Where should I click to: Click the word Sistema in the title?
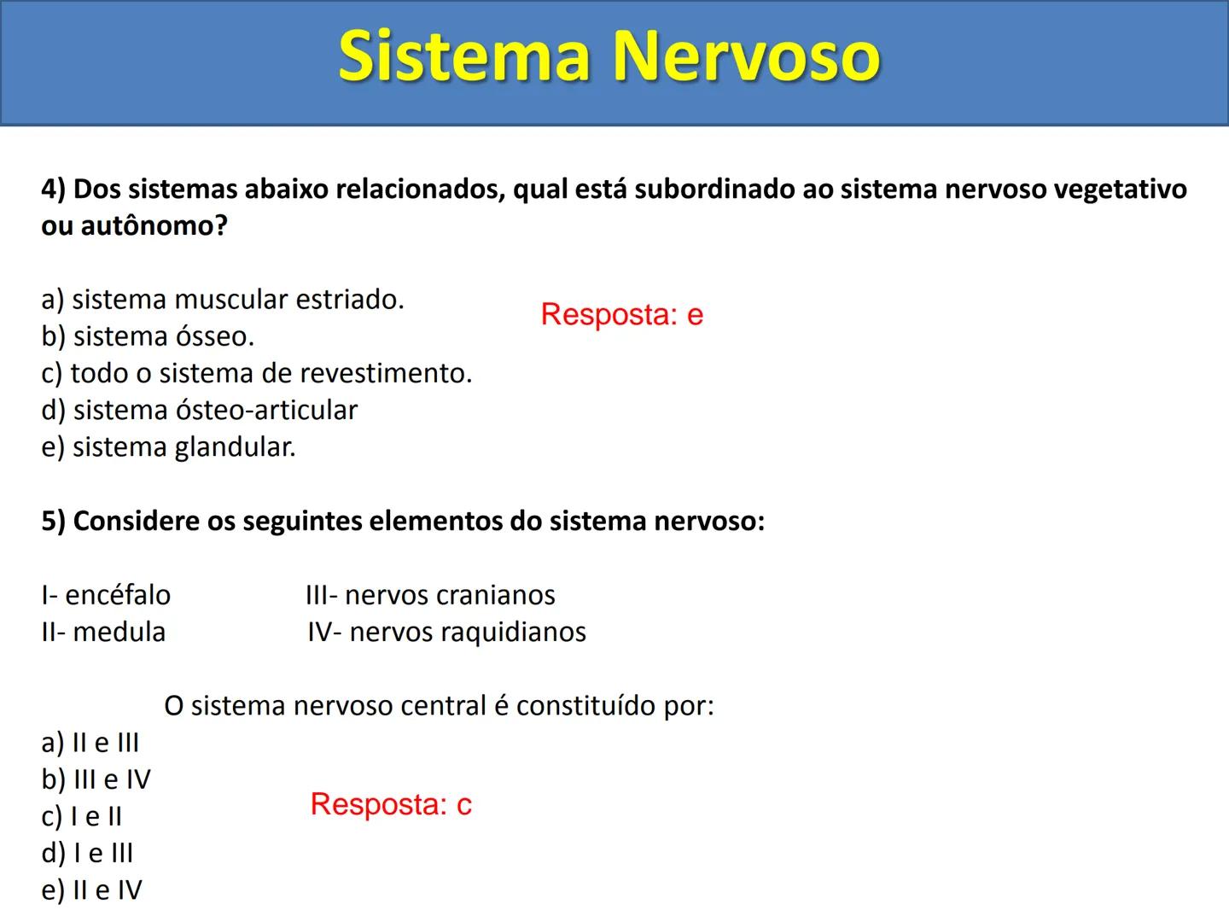click(x=465, y=56)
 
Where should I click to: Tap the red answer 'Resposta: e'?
click(x=621, y=314)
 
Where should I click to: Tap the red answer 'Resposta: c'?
click(x=391, y=804)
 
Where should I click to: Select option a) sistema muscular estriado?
click(x=223, y=300)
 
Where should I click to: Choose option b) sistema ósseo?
click(x=148, y=336)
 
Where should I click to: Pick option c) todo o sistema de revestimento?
click(x=256, y=373)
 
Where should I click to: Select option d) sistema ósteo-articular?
click(x=199, y=410)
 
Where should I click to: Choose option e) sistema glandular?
click(x=168, y=446)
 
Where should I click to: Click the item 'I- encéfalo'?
click(x=106, y=595)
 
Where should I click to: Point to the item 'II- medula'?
click(x=103, y=632)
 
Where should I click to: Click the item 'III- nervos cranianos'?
click(x=430, y=595)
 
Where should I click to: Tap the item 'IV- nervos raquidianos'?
click(x=446, y=632)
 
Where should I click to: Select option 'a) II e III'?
click(x=90, y=743)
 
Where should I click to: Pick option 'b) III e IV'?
click(x=96, y=779)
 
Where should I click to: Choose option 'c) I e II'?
click(x=81, y=817)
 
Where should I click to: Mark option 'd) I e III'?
click(x=87, y=854)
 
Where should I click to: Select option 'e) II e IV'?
click(x=91, y=890)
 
